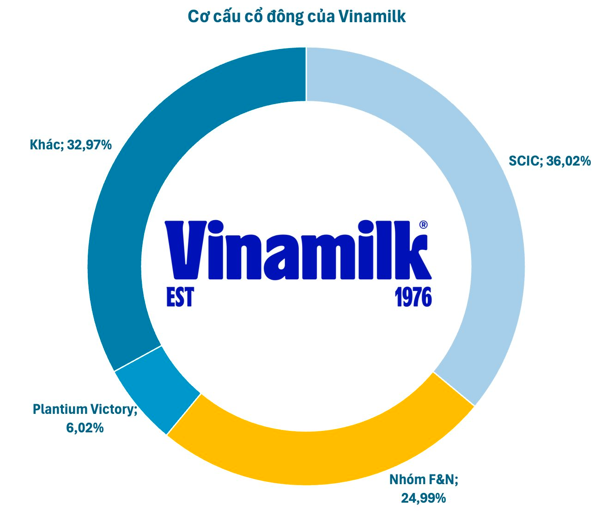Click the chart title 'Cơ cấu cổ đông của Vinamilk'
[x=297, y=17]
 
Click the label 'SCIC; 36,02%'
[x=550, y=161]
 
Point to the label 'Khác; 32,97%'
[x=71, y=145]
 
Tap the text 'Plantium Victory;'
[x=85, y=409]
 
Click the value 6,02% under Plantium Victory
[x=85, y=428]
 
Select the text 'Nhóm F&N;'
[x=424, y=480]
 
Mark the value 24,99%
[x=424, y=498]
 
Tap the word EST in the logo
[x=180, y=296]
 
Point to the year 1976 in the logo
[x=413, y=296]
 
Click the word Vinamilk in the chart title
[x=372, y=17]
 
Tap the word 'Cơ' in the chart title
[x=198, y=17]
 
